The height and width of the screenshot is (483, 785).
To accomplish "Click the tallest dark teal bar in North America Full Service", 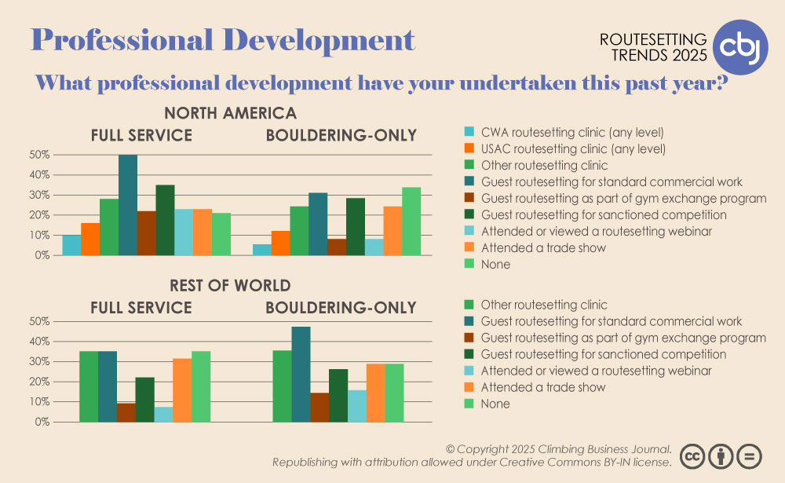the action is click(x=128, y=205).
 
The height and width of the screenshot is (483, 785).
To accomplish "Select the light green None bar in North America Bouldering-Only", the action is click(x=411, y=221).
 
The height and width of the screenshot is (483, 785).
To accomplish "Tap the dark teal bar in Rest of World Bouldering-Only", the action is click(x=301, y=375).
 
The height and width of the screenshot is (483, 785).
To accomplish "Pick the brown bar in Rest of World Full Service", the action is click(x=126, y=412).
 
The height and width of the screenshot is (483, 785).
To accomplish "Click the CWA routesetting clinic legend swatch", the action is click(x=469, y=132).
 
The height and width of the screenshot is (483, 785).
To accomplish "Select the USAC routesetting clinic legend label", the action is click(x=573, y=148).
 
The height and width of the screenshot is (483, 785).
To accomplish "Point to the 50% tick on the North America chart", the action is click(x=39, y=155).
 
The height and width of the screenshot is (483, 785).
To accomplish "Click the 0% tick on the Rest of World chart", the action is click(x=42, y=422).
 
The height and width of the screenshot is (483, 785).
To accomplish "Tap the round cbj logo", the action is click(x=740, y=47).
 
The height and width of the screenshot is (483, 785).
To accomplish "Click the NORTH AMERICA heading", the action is click(x=230, y=113).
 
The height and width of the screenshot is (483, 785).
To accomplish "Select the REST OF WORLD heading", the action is click(x=230, y=286).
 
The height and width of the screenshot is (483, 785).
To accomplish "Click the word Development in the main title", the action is click(x=319, y=40).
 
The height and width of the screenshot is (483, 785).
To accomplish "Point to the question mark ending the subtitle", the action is click(x=721, y=82).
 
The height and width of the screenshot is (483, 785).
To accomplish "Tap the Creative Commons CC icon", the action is click(x=692, y=456).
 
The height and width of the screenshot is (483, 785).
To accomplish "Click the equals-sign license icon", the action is click(x=750, y=456).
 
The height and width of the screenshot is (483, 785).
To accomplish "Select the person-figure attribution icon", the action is click(x=721, y=456).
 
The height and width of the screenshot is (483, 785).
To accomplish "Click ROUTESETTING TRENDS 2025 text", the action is click(x=653, y=47).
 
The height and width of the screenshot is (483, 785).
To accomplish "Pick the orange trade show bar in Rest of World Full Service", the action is click(x=182, y=390).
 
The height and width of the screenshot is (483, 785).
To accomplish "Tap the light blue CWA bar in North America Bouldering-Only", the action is click(x=262, y=250).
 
